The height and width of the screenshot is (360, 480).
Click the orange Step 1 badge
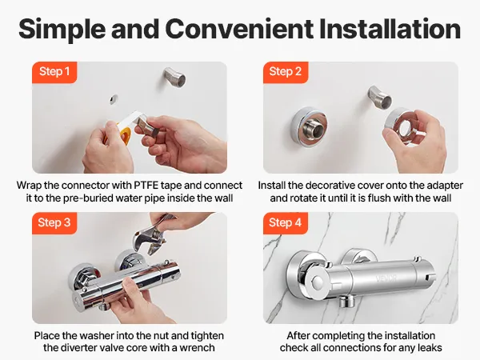[54, 72]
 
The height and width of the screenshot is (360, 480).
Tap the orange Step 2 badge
[286, 72]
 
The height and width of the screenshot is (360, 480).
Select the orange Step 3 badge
[54, 223]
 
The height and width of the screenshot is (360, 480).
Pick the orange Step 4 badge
[286, 223]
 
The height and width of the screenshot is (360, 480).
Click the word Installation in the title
[390, 29]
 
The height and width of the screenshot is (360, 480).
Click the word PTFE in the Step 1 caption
[146, 186]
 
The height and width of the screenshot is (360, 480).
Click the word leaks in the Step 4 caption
[430, 348]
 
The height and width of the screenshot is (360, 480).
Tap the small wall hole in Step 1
[114, 99]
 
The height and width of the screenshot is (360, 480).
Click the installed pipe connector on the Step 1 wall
[174, 77]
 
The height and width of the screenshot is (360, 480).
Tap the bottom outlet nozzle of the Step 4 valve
[346, 302]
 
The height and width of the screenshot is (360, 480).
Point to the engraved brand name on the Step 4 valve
[387, 278]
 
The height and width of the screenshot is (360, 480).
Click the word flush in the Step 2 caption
[380, 198]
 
